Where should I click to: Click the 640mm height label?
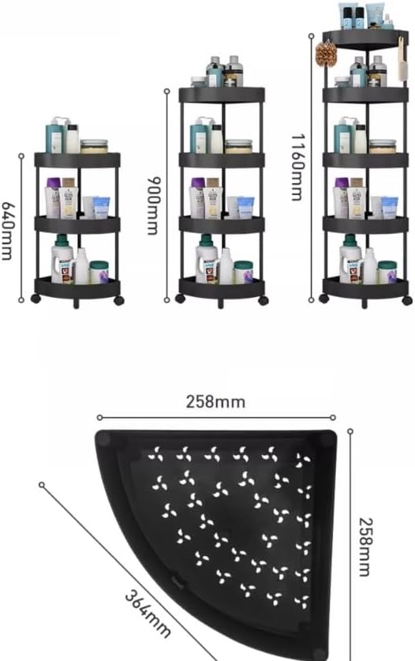(8, 231)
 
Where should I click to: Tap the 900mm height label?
(154, 205)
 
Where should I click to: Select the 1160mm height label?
(297, 167)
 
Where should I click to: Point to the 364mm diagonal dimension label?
(148, 614)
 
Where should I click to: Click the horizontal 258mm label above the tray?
(215, 402)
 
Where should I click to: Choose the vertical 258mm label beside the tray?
(365, 546)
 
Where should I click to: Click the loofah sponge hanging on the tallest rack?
(327, 54)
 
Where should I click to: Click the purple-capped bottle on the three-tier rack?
(53, 197)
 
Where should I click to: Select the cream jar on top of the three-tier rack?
(94, 146)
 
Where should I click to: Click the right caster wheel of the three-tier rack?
(119, 301)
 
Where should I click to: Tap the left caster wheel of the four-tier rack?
(181, 299)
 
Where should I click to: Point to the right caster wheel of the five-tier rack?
(406, 300)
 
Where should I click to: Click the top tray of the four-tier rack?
(222, 95)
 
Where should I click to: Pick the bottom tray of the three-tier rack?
(77, 288)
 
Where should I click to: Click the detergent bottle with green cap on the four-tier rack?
(207, 259)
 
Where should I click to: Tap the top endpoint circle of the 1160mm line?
(312, 36)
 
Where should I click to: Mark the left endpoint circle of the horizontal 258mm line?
(100, 418)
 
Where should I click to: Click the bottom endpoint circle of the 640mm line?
(21, 300)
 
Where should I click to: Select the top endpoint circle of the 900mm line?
(166, 91)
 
